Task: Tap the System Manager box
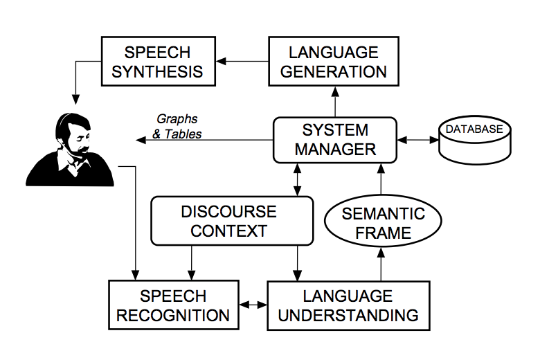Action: (x=335, y=139)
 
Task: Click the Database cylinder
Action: (x=474, y=138)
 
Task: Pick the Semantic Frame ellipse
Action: (x=379, y=222)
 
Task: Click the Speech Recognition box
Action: (x=173, y=305)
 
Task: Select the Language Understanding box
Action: (x=349, y=305)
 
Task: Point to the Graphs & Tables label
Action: (x=177, y=126)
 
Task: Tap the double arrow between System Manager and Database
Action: (x=418, y=140)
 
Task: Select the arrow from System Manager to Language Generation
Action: (x=335, y=101)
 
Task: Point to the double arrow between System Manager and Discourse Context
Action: (x=298, y=179)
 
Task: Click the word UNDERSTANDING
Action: (x=349, y=316)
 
